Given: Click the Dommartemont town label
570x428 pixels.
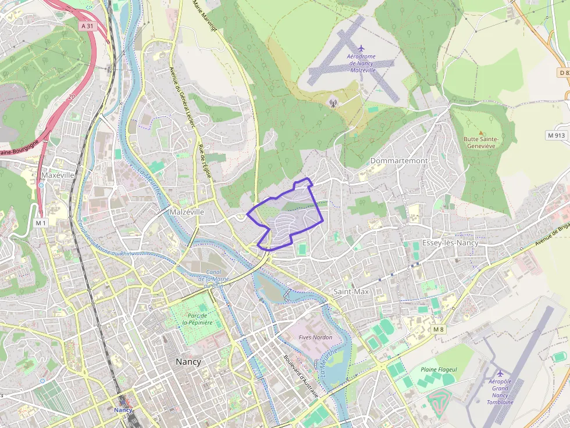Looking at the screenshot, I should tap(399, 160).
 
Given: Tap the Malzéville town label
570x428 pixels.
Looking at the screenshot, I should tap(187, 212).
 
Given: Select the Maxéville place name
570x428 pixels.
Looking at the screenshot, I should tap(58, 174).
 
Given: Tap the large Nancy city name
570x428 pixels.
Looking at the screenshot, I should tap(188, 361).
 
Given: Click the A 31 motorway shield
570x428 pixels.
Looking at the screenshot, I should tap(87, 26).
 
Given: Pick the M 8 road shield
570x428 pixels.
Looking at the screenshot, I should tap(438, 329).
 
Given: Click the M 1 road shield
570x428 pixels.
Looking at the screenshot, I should tap(40, 223).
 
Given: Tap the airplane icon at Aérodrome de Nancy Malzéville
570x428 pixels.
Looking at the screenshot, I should tap(361, 48).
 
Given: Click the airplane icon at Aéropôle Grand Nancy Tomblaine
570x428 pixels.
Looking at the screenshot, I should tap(499, 373).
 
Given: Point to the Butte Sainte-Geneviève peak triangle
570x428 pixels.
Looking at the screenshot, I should tap(480, 133).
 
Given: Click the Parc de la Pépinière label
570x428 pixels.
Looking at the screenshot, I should tap(197, 319).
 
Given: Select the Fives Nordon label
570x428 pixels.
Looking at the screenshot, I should tap(315, 337).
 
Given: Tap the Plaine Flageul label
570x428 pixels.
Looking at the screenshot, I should tap(439, 369).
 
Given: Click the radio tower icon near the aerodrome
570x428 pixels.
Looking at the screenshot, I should tap(333, 103).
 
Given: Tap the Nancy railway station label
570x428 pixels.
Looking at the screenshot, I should tap(123, 410).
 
